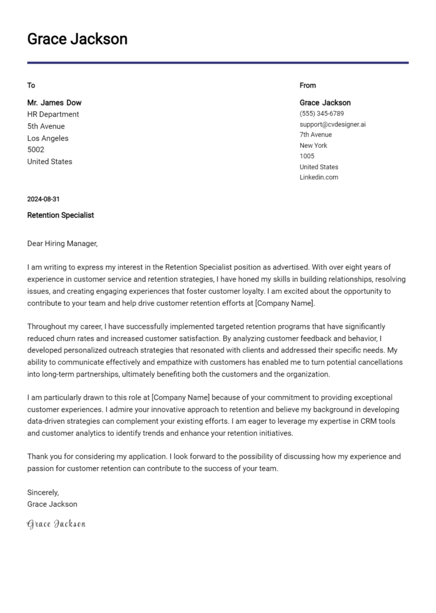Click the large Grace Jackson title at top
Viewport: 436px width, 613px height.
(x=77, y=39)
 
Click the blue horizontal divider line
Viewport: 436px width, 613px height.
(x=218, y=63)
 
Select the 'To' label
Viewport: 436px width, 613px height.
(x=31, y=85)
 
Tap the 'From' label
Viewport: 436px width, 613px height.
(x=308, y=85)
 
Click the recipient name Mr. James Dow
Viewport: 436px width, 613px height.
(x=54, y=103)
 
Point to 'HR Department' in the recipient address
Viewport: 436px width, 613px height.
(x=53, y=114)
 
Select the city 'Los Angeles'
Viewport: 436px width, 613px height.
(x=48, y=138)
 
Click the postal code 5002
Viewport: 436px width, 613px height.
(x=36, y=150)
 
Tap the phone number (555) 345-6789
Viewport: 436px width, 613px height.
(x=322, y=114)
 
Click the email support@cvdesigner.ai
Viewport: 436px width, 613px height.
(x=333, y=124)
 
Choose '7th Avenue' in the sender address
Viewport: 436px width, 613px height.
(x=316, y=135)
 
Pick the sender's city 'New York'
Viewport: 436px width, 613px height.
(x=313, y=146)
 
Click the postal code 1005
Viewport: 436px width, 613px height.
(x=307, y=156)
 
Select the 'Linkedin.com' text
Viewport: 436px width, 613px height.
(x=319, y=177)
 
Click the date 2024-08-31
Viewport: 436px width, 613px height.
(x=43, y=200)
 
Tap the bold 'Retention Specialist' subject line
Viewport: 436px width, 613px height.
(x=61, y=216)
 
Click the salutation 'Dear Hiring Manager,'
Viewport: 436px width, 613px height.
(x=62, y=243)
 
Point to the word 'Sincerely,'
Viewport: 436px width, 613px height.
(x=43, y=492)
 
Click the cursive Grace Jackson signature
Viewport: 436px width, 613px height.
(x=56, y=524)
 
